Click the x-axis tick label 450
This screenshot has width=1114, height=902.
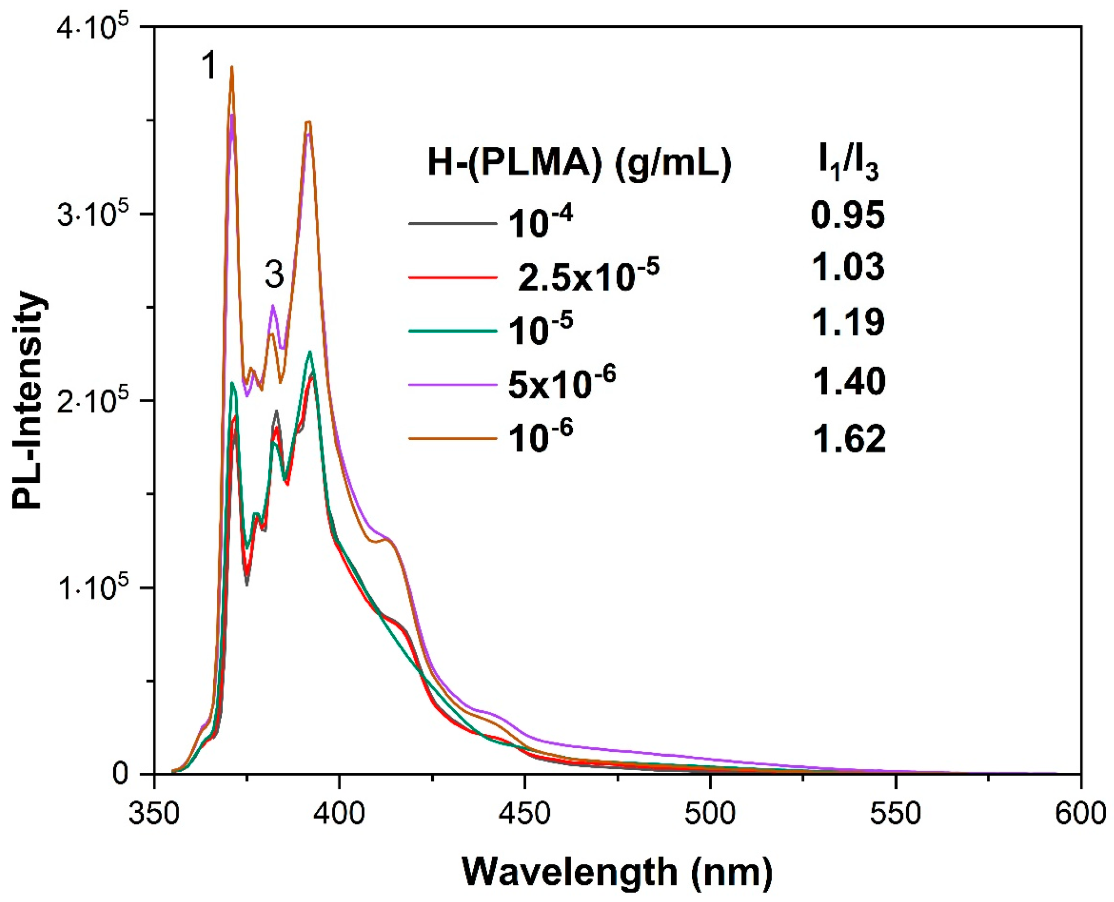click(525, 814)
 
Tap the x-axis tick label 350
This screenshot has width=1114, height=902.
click(154, 814)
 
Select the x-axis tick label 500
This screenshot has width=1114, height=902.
click(711, 814)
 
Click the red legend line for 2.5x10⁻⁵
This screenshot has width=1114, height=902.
click(453, 277)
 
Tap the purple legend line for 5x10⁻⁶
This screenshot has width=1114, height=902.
click(453, 384)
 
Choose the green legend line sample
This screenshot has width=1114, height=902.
click(453, 331)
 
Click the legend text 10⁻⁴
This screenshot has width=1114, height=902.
click(540, 222)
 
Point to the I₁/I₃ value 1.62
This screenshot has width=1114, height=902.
click(848, 439)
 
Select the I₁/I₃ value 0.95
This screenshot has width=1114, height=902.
click(847, 215)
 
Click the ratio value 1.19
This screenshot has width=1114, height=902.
click(848, 323)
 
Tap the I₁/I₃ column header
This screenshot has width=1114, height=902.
click(848, 163)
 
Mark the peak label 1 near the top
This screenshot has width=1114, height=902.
click(209, 65)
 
